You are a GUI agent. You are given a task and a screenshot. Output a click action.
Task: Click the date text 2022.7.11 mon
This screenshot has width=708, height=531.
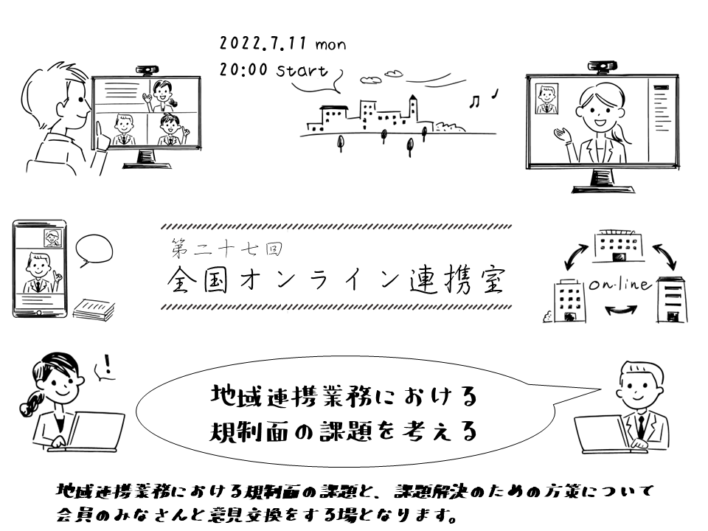pyautogui.click(x=283, y=44)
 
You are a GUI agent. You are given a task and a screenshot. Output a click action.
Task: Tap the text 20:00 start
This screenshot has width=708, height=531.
pyautogui.click(x=273, y=71)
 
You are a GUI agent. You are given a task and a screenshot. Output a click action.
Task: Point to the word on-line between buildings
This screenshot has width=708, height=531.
pyautogui.click(x=619, y=285)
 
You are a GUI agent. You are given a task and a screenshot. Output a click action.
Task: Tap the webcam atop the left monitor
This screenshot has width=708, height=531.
pyautogui.click(x=145, y=71)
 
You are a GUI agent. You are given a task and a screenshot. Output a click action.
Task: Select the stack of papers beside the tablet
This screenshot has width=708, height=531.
pyautogui.click(x=94, y=308)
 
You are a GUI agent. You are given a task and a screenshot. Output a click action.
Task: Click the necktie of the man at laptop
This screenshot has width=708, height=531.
pyautogui.click(x=641, y=424)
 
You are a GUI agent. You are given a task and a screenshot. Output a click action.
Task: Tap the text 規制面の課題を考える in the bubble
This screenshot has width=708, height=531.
pyautogui.click(x=342, y=431)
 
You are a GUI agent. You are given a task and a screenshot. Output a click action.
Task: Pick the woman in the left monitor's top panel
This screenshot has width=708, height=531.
pyautogui.click(x=163, y=95)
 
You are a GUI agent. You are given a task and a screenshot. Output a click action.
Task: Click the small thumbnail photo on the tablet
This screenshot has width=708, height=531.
pyautogui.click(x=52, y=237)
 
